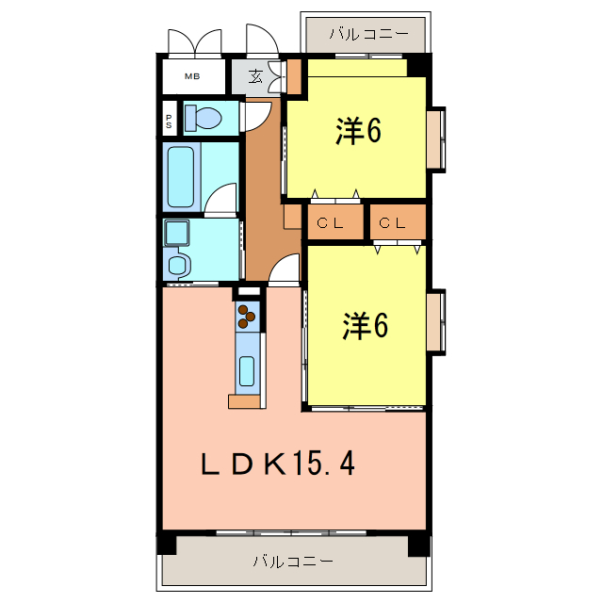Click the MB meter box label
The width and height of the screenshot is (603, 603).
click(191, 76)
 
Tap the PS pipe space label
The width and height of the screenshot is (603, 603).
click(169, 119)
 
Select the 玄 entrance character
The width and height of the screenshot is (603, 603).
click(255, 76)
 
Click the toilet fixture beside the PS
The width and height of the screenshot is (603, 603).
click(203, 118)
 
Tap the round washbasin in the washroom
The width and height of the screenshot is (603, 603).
click(178, 265)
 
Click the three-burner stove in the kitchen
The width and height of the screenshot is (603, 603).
click(249, 316)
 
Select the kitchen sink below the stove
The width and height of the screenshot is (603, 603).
click(247, 370)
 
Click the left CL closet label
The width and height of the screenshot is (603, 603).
click(329, 223)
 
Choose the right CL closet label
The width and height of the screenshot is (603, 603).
click(394, 223)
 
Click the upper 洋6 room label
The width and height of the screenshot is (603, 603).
click(358, 133)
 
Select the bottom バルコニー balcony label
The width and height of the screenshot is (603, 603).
click(292, 562)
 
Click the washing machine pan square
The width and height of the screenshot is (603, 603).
click(176, 232)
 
